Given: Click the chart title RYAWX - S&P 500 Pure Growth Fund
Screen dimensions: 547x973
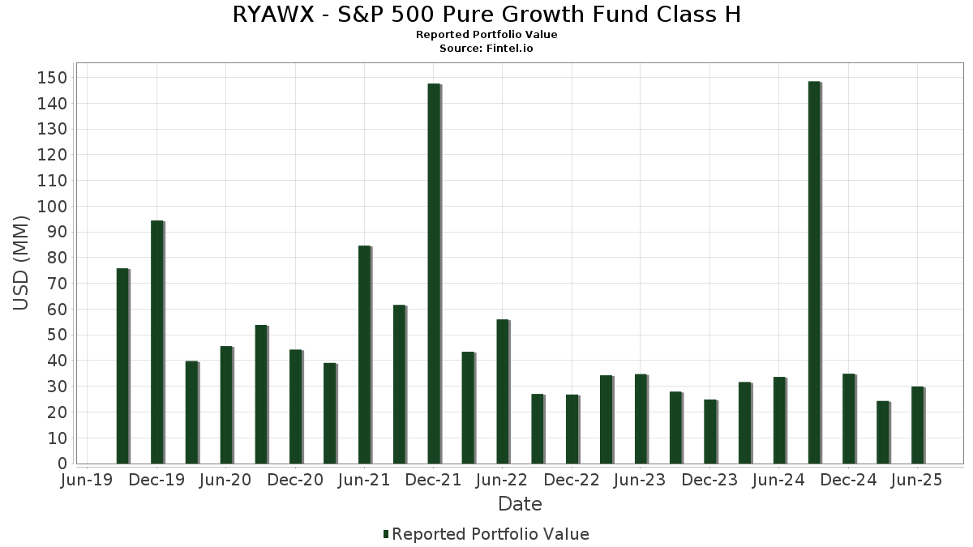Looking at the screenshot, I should coord(486,15).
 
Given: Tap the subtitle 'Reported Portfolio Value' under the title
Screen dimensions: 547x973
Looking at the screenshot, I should coord(486,35).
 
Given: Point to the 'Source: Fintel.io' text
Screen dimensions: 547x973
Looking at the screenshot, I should coord(486,49).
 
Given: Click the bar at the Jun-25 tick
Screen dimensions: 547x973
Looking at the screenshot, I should coord(917,425).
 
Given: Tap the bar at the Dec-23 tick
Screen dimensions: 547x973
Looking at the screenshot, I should coord(710,432).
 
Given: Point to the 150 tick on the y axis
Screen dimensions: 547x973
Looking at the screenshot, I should coord(57,78).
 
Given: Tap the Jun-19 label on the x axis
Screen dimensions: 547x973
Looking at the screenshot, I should coord(88,481).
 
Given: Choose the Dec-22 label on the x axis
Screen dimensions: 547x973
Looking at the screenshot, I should coord(572,481).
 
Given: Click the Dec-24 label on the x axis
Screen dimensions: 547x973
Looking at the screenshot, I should coord(848,481).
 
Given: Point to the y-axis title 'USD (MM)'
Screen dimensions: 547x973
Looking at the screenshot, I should coord(22,263).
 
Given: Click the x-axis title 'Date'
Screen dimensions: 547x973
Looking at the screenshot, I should coord(520,504).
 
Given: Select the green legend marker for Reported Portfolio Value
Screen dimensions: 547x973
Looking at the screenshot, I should coord(386,534).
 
